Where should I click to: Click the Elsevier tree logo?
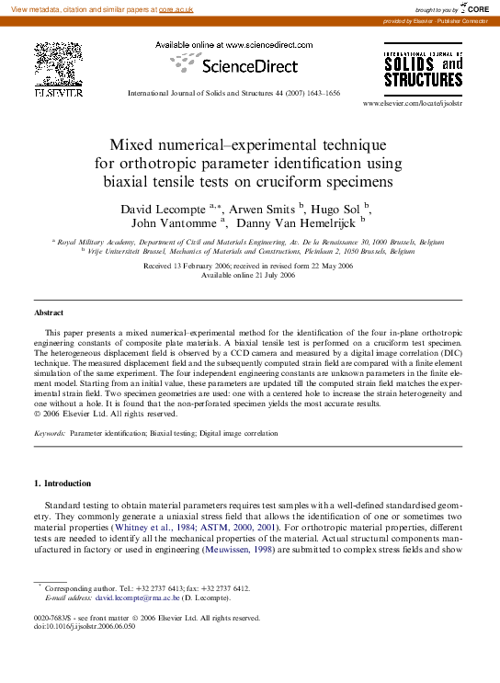pyautogui.click(x=58, y=66)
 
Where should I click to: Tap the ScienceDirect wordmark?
pyautogui.click(x=249, y=66)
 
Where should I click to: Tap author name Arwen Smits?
pyautogui.click(x=262, y=210)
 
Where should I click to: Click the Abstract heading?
pyautogui.click(x=49, y=313)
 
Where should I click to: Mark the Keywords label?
pyautogui.click(x=50, y=431)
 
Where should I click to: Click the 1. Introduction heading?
pyautogui.click(x=62, y=484)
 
